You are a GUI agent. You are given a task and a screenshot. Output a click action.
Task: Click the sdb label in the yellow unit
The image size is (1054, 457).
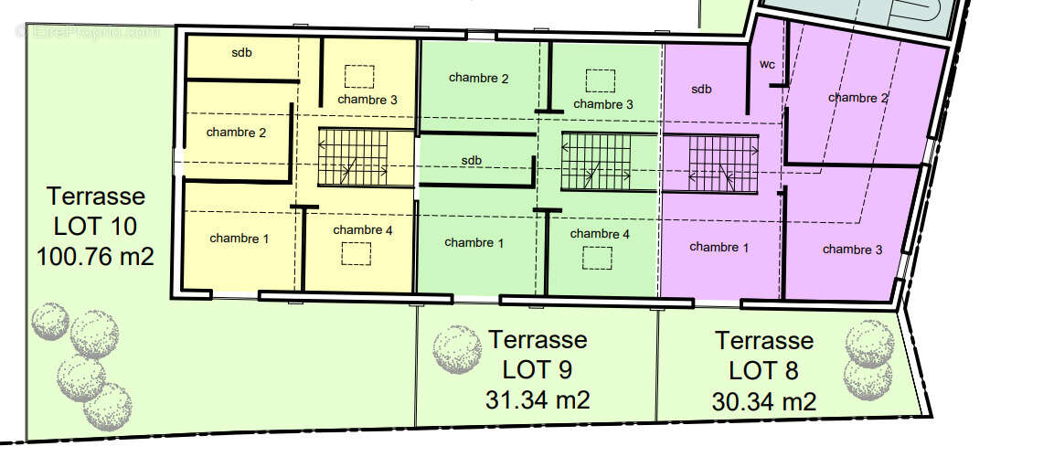pos(242,53)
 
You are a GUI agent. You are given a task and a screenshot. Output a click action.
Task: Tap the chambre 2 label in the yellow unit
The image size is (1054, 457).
pos(236,133)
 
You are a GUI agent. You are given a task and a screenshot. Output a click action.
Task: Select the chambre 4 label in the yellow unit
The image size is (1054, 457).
pos(363,229)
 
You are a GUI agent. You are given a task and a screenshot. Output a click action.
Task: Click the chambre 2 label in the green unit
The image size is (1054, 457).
pos(479,78)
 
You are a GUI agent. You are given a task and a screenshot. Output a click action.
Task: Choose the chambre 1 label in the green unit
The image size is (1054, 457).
pos(474,242)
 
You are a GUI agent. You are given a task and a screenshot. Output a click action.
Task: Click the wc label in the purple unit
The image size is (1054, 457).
pos(768,65)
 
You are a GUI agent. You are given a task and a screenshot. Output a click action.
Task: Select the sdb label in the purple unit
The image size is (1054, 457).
pos(701,89)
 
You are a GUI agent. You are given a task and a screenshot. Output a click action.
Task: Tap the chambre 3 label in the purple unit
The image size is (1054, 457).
pos(852,250)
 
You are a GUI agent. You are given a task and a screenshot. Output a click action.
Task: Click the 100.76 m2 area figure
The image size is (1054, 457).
pos(95,256)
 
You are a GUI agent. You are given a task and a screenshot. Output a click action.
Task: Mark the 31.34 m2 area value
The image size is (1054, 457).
pos(538,400)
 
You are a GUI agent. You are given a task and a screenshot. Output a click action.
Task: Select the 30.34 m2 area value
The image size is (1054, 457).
pos(764,402)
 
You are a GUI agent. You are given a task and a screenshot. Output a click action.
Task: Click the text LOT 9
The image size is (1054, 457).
pos(538,369)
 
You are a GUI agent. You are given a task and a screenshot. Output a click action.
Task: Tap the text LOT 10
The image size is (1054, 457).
pos(95,227)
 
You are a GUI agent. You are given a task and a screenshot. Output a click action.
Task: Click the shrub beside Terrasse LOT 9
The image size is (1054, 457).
pos(457,349)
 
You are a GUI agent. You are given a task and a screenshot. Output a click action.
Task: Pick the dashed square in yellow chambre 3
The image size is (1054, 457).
pos(359,77)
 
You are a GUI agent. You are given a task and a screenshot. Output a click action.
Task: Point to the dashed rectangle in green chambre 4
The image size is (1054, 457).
pos(597,258)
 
